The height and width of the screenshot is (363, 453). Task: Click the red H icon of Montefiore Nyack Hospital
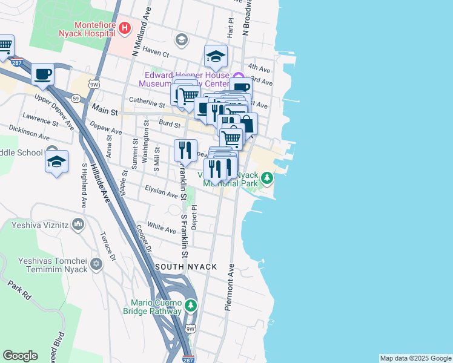(x=124, y=28)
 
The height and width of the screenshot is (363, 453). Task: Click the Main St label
(x=103, y=110)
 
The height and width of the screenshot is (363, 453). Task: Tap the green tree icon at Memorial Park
(x=267, y=178)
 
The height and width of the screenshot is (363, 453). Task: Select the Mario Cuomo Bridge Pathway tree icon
(x=191, y=305)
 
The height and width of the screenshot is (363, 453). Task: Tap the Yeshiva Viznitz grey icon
(x=78, y=225)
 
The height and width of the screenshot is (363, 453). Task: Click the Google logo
(x=20, y=356)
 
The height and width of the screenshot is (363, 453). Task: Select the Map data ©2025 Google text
(x=415, y=358)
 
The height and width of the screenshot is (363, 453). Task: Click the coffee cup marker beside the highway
(x=42, y=75)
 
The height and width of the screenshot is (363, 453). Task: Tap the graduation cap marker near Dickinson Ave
(x=56, y=162)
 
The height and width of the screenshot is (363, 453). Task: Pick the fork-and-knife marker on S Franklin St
(x=186, y=149)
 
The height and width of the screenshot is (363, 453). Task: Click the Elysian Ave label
(x=161, y=192)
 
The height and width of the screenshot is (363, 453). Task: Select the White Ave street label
(x=162, y=227)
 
